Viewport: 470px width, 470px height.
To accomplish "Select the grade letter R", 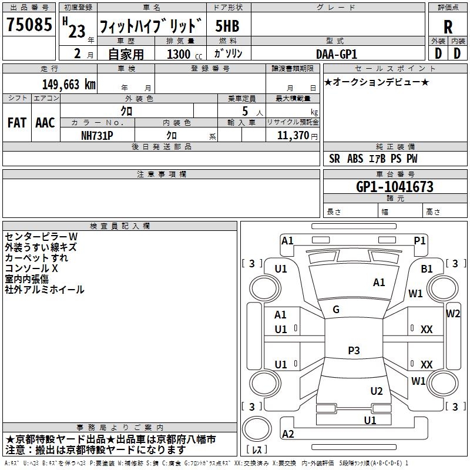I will [448, 27].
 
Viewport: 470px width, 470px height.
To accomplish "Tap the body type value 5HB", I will [227, 26].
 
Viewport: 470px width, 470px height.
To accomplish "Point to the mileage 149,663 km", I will [69, 84].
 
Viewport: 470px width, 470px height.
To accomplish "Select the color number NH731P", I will [98, 135].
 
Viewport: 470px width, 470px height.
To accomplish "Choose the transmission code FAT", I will [16, 123].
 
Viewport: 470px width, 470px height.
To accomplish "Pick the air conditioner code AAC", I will [45, 123].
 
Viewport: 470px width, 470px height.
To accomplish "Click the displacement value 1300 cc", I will [182, 54].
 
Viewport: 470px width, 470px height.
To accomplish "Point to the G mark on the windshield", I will [336, 310].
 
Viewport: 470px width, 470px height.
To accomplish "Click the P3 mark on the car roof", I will [353, 351].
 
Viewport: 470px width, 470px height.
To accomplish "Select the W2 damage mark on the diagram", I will [453, 314].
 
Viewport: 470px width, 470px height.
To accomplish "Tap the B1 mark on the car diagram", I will [427, 269].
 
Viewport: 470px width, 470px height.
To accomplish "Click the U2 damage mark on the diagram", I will [377, 391].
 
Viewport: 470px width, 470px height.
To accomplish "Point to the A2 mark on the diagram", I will [288, 434].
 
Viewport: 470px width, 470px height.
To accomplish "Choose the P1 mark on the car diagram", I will [419, 240].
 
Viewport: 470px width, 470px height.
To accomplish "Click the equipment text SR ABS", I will [346, 159].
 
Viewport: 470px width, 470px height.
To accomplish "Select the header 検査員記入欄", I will [120, 226].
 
